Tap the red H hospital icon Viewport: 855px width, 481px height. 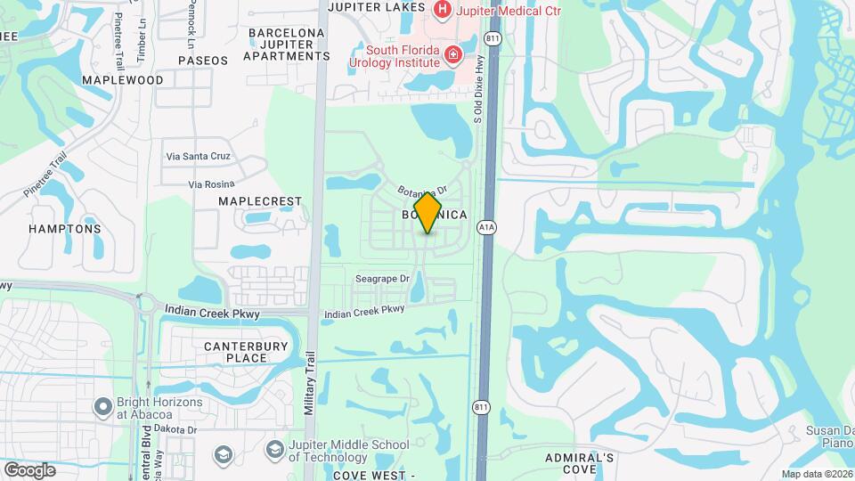coord(443,10)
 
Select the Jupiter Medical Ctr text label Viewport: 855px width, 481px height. coord(509,11)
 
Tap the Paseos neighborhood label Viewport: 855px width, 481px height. coord(203,61)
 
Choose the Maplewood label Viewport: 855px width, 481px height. coord(123,80)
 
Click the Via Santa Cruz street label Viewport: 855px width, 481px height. coord(198,156)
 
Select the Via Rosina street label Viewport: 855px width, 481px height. coord(210,184)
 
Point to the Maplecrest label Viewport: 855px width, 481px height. coord(260,202)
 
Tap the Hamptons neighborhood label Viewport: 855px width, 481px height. coord(64,229)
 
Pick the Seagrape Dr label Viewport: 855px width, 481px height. coord(381,279)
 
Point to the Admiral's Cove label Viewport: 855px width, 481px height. coord(580,463)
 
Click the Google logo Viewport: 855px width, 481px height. coord(29,469)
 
